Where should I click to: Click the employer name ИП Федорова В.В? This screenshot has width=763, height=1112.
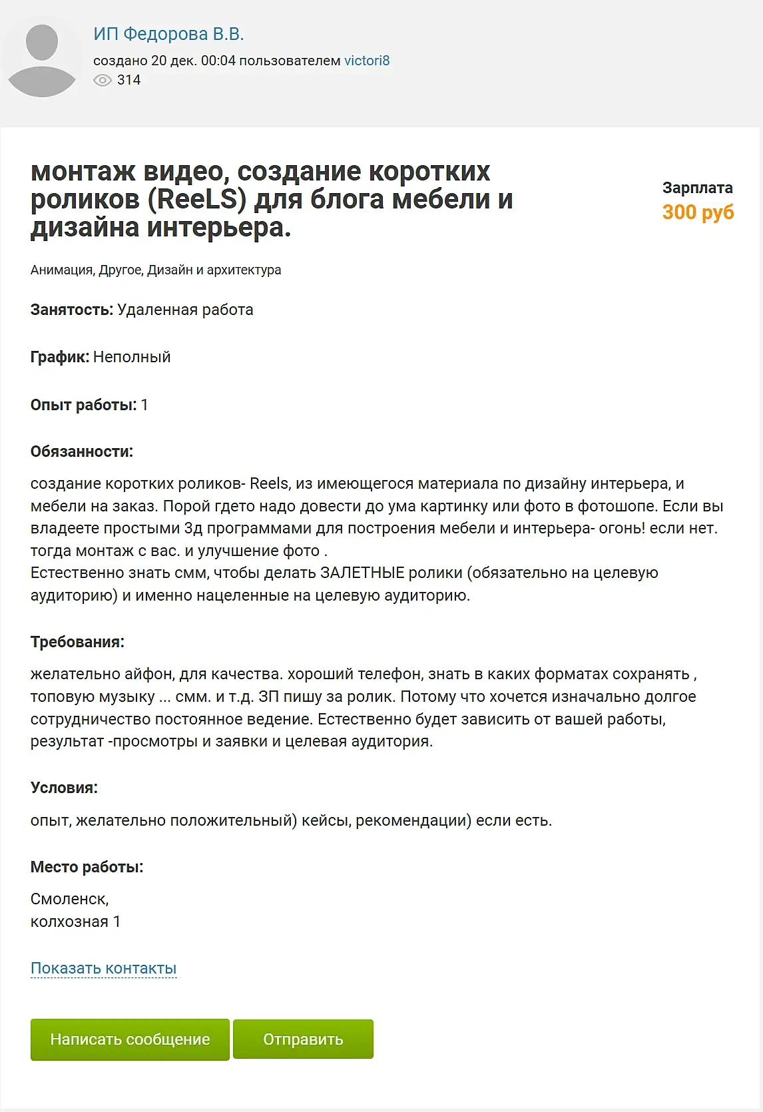(x=168, y=34)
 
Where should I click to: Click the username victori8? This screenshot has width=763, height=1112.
(x=367, y=61)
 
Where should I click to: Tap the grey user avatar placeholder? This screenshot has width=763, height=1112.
(x=42, y=61)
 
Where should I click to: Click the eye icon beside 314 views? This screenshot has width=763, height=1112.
(x=103, y=81)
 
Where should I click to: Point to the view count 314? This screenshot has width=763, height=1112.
(x=128, y=81)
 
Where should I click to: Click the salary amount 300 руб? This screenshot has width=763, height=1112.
(x=698, y=212)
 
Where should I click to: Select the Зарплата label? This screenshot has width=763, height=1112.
(x=697, y=188)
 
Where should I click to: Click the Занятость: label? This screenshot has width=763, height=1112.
(x=72, y=310)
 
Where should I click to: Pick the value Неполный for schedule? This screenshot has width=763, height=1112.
(x=132, y=357)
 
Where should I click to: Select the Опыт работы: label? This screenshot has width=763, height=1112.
(x=83, y=405)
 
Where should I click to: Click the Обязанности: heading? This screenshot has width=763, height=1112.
(x=82, y=451)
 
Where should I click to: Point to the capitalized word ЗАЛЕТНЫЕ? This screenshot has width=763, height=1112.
(x=362, y=573)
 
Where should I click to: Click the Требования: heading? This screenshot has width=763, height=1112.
(x=77, y=642)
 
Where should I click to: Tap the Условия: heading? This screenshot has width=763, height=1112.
(x=64, y=788)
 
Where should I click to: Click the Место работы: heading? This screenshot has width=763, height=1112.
(x=87, y=867)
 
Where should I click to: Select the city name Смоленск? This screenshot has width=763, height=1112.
(x=69, y=899)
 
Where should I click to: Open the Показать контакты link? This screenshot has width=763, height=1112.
(x=104, y=968)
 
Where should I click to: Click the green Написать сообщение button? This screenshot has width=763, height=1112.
(x=130, y=1039)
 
